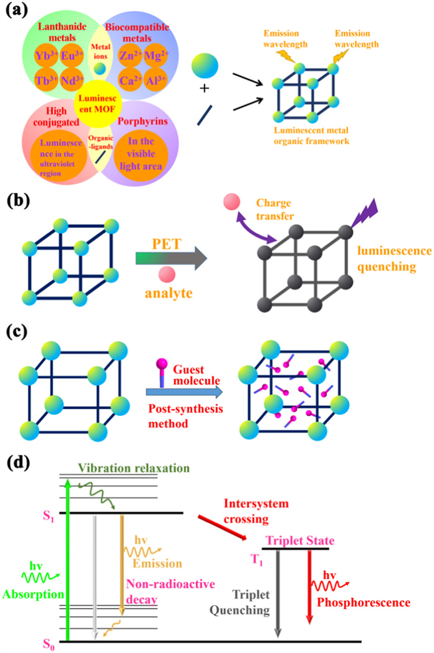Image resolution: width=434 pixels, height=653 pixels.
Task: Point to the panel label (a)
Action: point(16,13)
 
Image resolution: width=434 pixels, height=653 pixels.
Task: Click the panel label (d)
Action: point(16,461)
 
